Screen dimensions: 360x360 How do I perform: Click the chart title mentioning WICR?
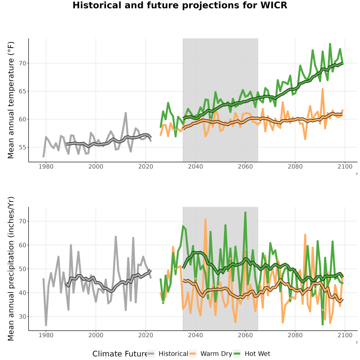point(180,5)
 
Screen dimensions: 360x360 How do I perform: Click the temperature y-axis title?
point(11,100)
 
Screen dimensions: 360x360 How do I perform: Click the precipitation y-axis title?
point(11,269)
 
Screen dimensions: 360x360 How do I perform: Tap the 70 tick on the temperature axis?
point(22,63)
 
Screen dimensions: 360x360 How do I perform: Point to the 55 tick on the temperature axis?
point(22,147)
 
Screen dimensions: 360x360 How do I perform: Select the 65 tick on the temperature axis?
point(22,91)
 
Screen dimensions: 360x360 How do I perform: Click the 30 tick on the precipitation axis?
point(22,317)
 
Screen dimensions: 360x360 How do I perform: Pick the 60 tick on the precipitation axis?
point(22,245)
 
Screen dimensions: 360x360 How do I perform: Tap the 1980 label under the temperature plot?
point(46,166)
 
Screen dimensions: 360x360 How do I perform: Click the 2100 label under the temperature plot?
point(345,166)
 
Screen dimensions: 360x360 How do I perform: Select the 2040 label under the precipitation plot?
point(195,335)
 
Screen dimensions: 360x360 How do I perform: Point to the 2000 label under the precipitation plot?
point(96,335)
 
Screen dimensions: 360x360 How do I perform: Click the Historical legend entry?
point(168,354)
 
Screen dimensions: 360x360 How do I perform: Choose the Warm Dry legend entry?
point(211,354)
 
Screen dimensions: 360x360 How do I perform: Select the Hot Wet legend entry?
point(252,354)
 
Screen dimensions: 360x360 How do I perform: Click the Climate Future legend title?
point(120,354)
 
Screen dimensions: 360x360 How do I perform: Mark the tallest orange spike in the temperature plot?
point(322,89)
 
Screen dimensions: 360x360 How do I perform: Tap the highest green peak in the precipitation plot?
point(245,213)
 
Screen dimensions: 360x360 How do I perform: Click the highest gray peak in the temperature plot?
point(126,113)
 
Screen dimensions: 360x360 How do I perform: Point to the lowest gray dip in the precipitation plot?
point(46,325)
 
